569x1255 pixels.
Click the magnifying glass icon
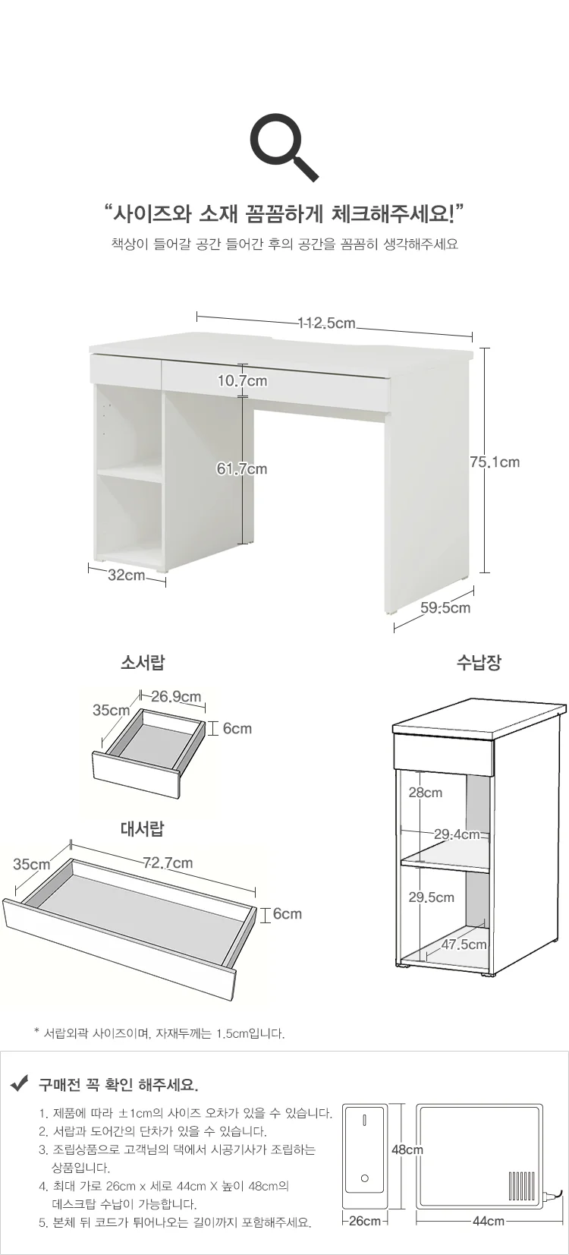click(x=284, y=147)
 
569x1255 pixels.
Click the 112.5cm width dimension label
click(x=326, y=323)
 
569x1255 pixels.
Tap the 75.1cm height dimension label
click(x=495, y=462)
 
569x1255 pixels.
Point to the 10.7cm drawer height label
click(x=243, y=381)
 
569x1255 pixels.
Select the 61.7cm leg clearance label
click(x=242, y=469)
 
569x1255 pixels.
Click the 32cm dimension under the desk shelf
click(x=127, y=575)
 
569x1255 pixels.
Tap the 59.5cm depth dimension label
click(x=446, y=608)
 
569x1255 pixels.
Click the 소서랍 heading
click(x=143, y=663)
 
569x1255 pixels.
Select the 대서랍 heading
click(x=143, y=828)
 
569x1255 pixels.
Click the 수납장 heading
click(x=479, y=663)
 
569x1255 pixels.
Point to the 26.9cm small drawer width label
click(x=176, y=696)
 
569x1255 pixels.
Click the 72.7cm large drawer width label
click(x=168, y=862)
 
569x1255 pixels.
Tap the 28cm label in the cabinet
click(x=426, y=792)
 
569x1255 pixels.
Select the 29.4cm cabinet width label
click(x=457, y=834)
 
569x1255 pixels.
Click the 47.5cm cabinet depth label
click(x=464, y=944)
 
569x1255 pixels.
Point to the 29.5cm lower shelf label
click(x=431, y=897)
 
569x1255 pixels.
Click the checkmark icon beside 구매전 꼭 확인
click(x=20, y=1085)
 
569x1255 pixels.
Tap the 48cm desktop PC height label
click(x=407, y=1149)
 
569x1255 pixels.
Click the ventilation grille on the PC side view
click(x=521, y=1185)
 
